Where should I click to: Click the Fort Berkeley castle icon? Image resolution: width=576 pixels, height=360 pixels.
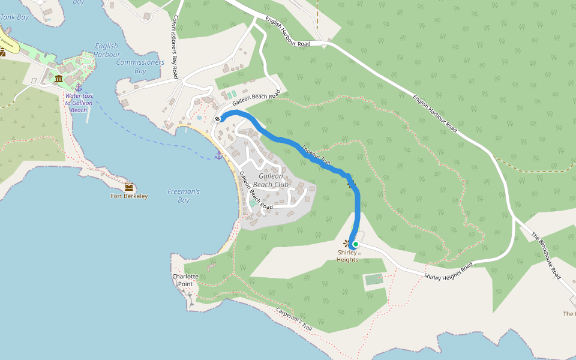pyautogui.click(x=128, y=187)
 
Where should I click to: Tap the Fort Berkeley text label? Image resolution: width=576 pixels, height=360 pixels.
pyautogui.click(x=129, y=196)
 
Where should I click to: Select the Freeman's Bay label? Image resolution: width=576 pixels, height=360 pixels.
pyautogui.click(x=183, y=196)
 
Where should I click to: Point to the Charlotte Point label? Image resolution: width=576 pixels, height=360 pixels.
pyautogui.click(x=185, y=280)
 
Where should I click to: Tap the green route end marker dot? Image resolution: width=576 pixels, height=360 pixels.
pyautogui.click(x=355, y=244)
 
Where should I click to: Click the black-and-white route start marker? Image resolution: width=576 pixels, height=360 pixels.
pyautogui.click(x=217, y=119)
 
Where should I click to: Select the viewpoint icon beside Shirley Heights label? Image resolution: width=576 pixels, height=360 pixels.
pyautogui.click(x=346, y=243)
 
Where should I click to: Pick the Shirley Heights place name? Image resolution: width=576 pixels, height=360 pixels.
pyautogui.click(x=347, y=256)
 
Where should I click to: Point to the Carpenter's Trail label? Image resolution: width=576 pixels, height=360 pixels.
pyautogui.click(x=294, y=319)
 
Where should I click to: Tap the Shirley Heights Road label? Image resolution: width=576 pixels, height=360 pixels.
pyautogui.click(x=448, y=271)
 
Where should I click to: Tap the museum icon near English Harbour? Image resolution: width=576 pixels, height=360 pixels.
pyautogui.click(x=59, y=79)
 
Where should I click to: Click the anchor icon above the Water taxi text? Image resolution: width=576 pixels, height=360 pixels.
pyautogui.click(x=79, y=88)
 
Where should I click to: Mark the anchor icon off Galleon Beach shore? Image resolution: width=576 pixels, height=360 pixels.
pyautogui.click(x=219, y=155)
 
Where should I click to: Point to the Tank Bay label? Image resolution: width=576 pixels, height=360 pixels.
pyautogui.click(x=15, y=17)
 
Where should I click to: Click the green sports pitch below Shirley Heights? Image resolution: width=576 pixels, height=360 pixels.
pyautogui.click(x=374, y=280)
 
